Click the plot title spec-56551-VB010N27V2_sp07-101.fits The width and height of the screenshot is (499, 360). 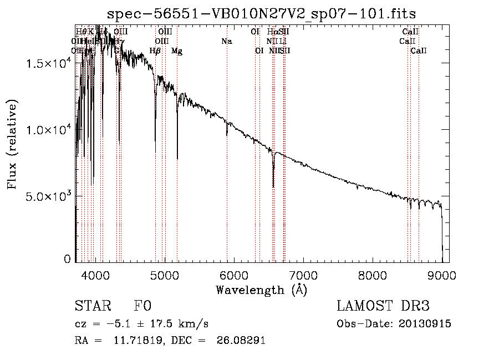[x=261, y=13]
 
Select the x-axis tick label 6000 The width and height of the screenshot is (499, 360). [x=234, y=273]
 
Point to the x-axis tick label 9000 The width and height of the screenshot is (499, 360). [x=442, y=273]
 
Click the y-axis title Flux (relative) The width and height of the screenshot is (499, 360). [x=12, y=144]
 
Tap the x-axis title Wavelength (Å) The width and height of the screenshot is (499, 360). [x=261, y=290]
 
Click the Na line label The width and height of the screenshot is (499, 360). [x=226, y=42]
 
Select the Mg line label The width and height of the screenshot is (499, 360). [x=177, y=51]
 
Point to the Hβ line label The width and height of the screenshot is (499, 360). [x=155, y=51]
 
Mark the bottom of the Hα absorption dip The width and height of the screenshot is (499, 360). [x=273, y=187]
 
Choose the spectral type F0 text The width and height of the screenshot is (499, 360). [x=142, y=306]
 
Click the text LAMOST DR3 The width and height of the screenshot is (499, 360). [x=383, y=306]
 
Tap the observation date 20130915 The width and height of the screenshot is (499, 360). [x=425, y=324]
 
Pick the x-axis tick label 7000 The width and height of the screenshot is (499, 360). [x=303, y=273]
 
